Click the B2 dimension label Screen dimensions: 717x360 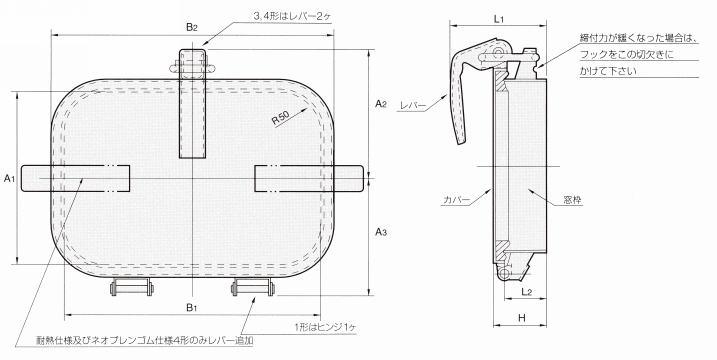click(192, 27)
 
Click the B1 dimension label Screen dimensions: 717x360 click(192, 307)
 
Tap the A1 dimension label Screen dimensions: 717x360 click(10, 178)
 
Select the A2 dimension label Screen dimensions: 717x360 click(381, 104)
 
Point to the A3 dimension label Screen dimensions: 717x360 click(381, 232)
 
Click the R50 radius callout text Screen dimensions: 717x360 click(281, 118)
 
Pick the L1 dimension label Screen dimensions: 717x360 click(498, 19)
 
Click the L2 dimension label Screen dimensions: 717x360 click(526, 291)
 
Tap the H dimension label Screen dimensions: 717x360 click(522, 318)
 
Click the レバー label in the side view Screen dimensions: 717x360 click(412, 106)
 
